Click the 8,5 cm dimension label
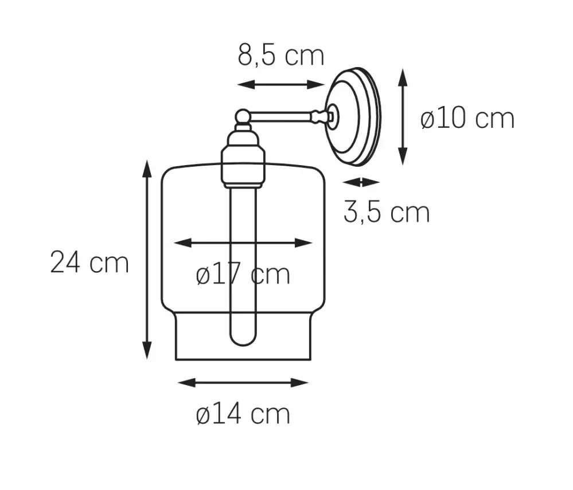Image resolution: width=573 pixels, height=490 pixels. click(x=280, y=55)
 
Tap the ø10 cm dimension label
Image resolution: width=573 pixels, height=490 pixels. click(x=467, y=118)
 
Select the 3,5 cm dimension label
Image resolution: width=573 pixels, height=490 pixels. click(x=387, y=212)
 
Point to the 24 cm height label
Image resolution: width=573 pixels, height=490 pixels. click(x=89, y=262)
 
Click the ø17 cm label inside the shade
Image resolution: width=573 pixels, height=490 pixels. click(x=243, y=274)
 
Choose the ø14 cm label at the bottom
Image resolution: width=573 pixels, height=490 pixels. click(x=243, y=414)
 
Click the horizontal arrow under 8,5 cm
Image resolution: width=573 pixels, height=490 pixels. click(x=280, y=85)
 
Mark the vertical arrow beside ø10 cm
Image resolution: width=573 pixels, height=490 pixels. click(x=402, y=117)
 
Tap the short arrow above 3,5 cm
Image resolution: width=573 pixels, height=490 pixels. click(x=361, y=182)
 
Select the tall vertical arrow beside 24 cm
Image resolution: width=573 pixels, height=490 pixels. click(x=146, y=260)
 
